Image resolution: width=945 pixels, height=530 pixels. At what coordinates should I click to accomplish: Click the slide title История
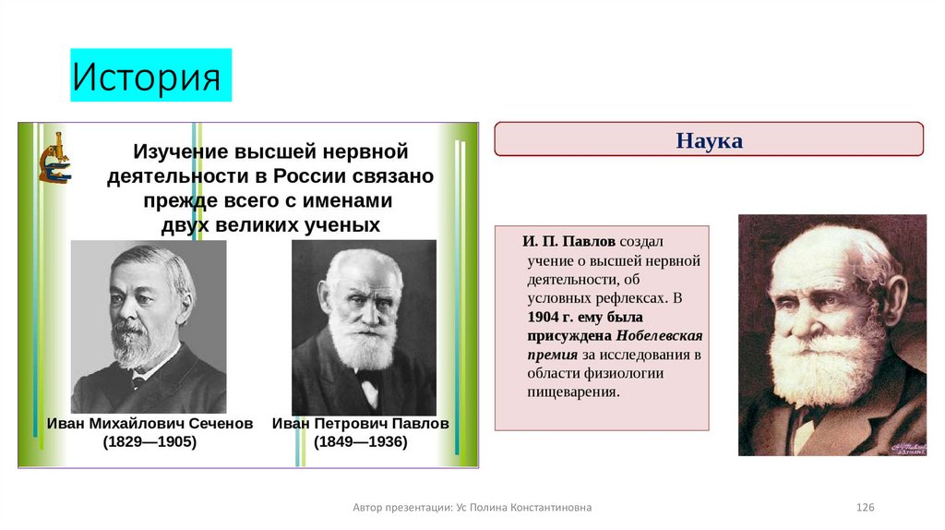click(x=147, y=77)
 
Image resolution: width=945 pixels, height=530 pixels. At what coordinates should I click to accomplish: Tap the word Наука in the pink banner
click(x=709, y=141)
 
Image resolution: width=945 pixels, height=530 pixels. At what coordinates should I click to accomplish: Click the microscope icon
click(x=54, y=158)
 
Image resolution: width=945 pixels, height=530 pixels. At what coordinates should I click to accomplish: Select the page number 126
click(x=865, y=508)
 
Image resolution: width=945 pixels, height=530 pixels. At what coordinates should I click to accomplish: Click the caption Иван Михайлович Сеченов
click(x=150, y=424)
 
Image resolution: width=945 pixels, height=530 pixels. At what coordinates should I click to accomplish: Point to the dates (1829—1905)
click(x=150, y=442)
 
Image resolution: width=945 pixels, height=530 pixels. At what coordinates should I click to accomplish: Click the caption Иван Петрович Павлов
click(x=360, y=424)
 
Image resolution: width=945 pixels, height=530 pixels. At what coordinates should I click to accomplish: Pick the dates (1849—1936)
click(x=360, y=442)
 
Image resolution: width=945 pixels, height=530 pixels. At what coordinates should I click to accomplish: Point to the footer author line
click(x=472, y=508)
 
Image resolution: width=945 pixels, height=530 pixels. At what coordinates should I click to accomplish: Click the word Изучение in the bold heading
click(x=180, y=151)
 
